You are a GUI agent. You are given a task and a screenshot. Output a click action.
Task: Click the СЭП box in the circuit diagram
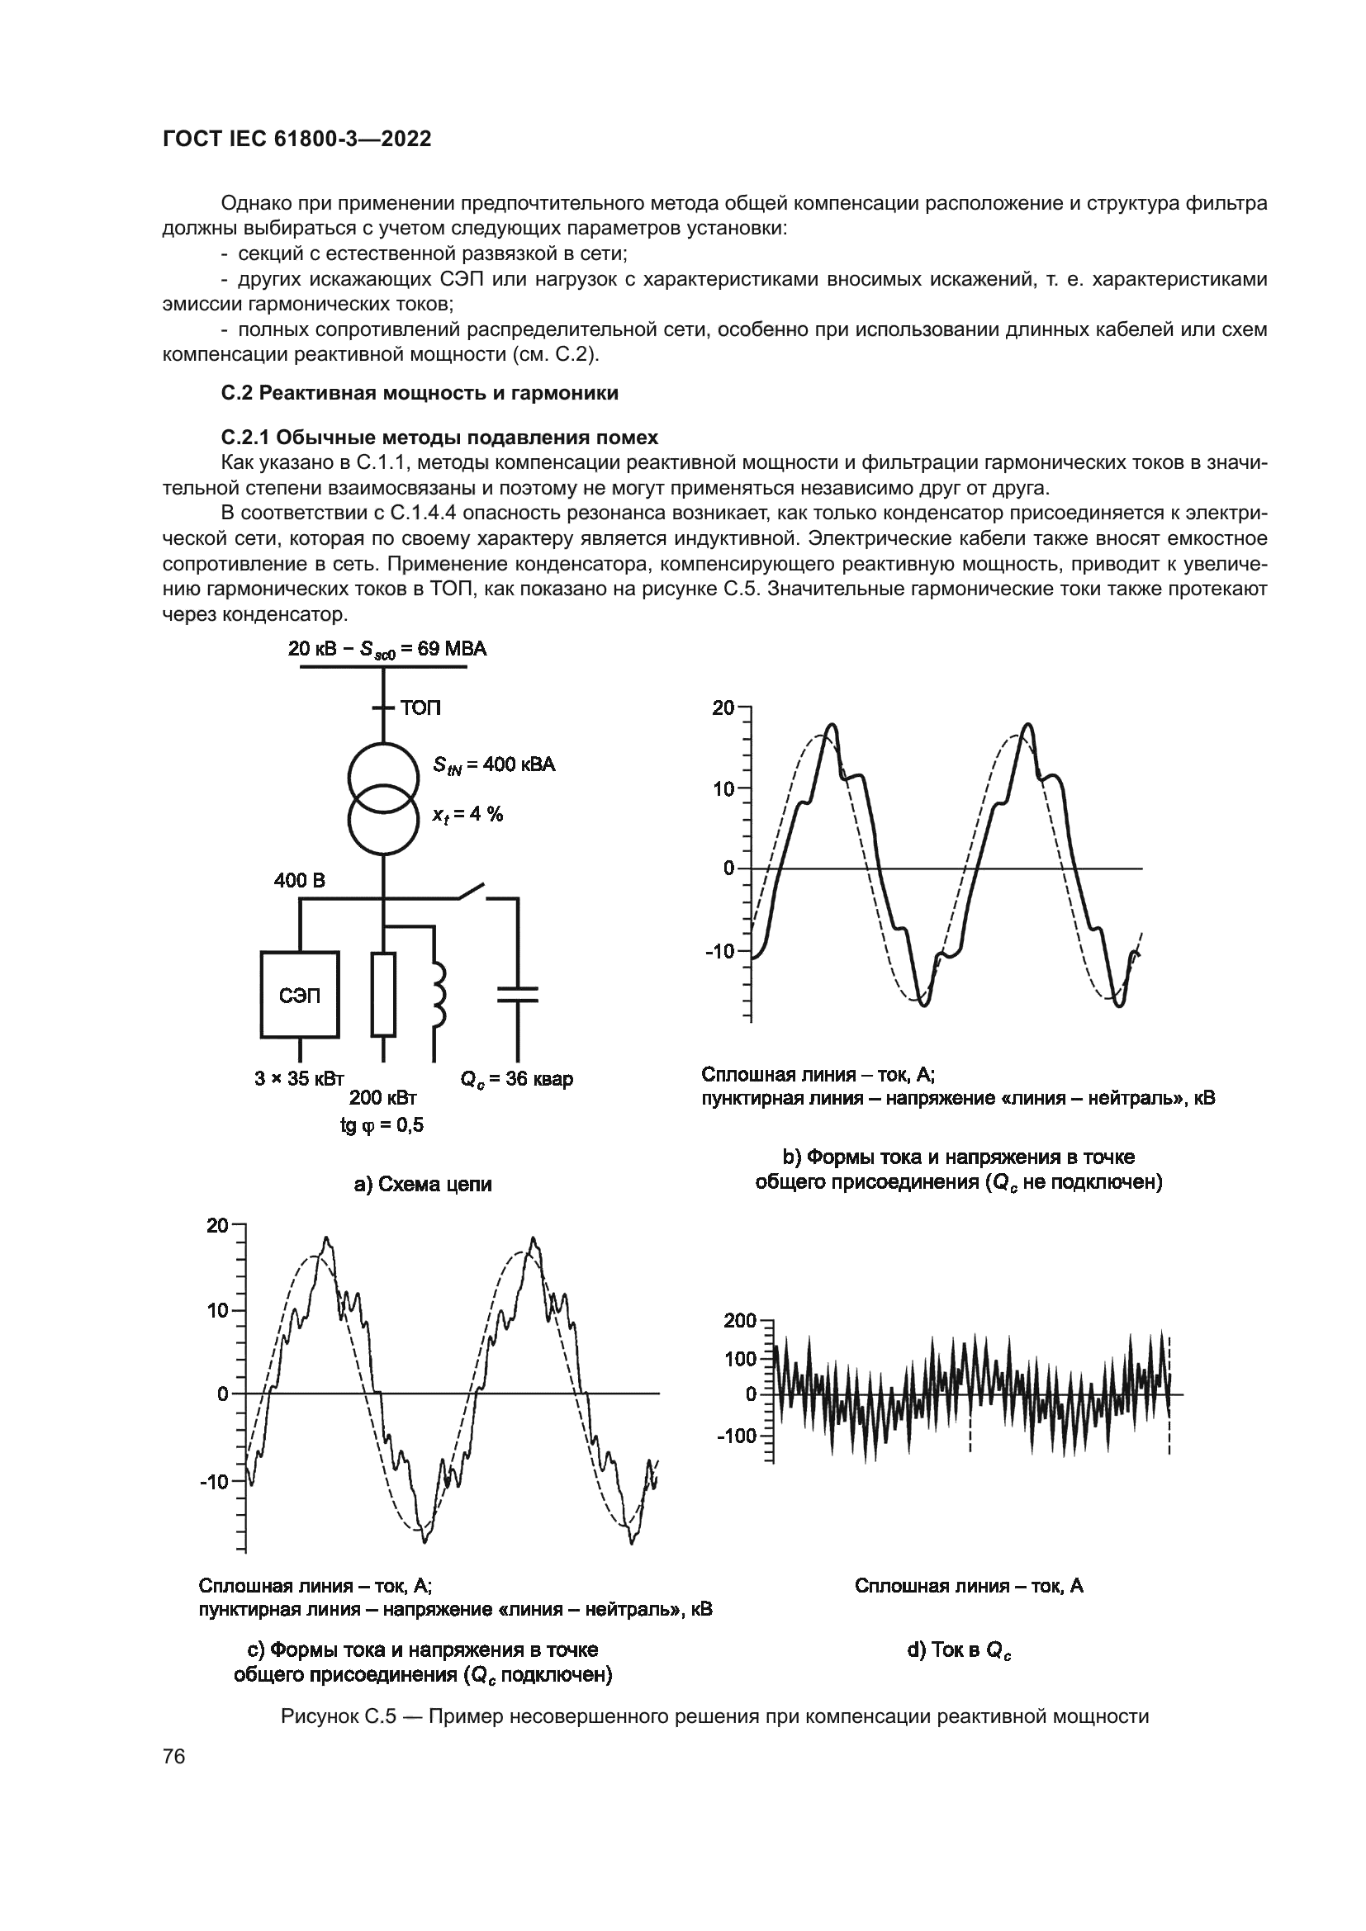(300, 995)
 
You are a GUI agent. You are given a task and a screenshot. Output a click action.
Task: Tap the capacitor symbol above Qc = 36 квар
(517, 995)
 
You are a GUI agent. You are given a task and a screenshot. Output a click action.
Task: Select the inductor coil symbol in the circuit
(438, 996)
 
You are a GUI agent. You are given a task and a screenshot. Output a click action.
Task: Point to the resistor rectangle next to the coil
(383, 995)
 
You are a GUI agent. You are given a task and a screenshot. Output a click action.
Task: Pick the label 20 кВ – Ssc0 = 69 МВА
(387, 648)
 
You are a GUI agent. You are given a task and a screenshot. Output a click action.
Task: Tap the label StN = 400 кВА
(494, 764)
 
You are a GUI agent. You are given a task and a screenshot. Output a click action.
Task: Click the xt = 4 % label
(467, 813)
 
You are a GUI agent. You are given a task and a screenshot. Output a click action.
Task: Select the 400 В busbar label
(299, 881)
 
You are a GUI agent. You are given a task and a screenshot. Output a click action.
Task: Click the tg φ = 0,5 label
(382, 1125)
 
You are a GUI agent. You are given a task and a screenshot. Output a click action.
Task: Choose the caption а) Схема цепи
(422, 1184)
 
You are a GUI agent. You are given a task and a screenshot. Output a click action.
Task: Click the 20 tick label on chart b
(723, 708)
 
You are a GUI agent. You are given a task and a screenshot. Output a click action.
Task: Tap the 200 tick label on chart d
(740, 1321)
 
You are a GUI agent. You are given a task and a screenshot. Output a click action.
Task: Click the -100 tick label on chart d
(737, 1436)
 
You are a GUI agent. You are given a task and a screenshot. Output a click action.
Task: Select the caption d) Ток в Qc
(959, 1651)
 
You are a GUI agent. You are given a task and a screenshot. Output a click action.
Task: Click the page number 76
(174, 1756)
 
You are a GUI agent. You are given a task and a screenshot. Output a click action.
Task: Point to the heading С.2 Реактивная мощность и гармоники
(419, 393)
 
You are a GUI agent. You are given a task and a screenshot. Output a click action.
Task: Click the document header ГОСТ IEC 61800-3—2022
(297, 140)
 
